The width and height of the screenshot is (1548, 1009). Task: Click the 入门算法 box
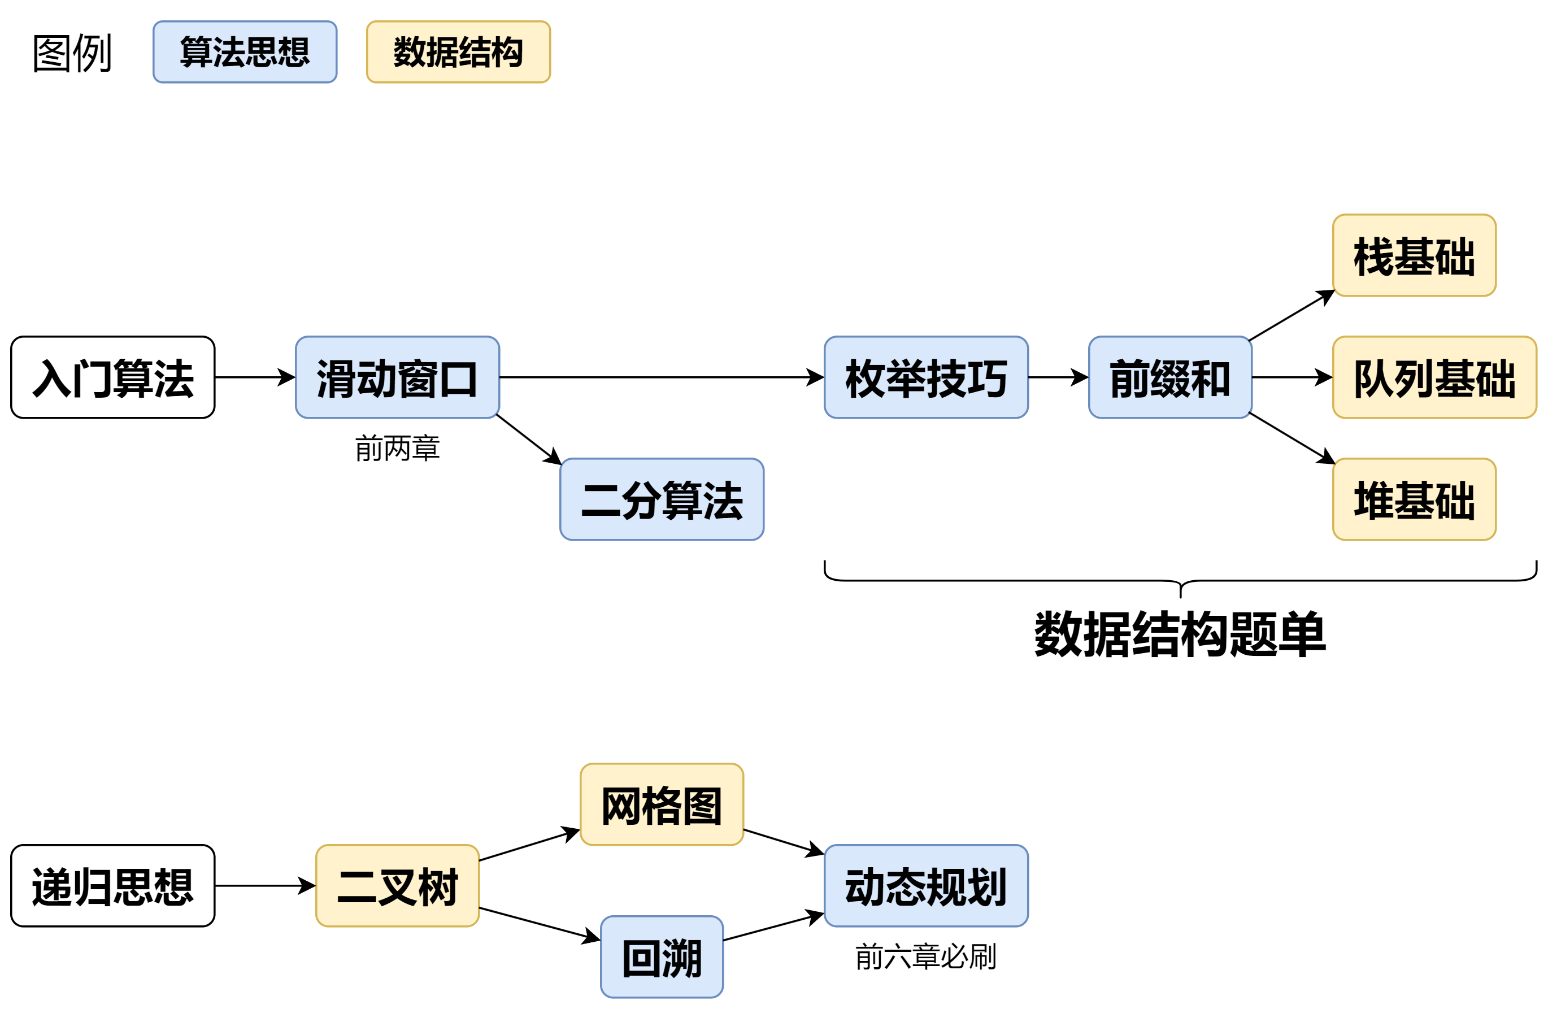(112, 377)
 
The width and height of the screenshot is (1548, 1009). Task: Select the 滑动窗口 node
(397, 377)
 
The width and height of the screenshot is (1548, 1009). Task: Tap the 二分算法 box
(662, 499)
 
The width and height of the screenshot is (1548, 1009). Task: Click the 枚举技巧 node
(925, 377)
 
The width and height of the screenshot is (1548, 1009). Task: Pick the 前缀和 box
(1169, 377)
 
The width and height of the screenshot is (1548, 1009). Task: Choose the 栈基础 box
(1414, 255)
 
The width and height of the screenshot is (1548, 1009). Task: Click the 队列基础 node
(1434, 377)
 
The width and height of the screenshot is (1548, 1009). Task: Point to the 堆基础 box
(1414, 499)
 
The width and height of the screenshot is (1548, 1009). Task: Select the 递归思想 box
(112, 885)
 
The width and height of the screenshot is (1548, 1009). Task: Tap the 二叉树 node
(397, 885)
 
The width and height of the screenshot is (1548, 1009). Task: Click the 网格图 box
(662, 804)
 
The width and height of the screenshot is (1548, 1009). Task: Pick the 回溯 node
(662, 956)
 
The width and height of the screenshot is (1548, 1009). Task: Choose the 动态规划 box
(925, 885)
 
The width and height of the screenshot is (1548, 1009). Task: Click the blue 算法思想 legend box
(245, 52)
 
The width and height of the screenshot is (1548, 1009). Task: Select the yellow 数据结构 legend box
(458, 52)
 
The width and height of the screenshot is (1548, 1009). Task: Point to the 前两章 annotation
(397, 448)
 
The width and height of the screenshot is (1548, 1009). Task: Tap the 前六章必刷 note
(925, 956)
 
